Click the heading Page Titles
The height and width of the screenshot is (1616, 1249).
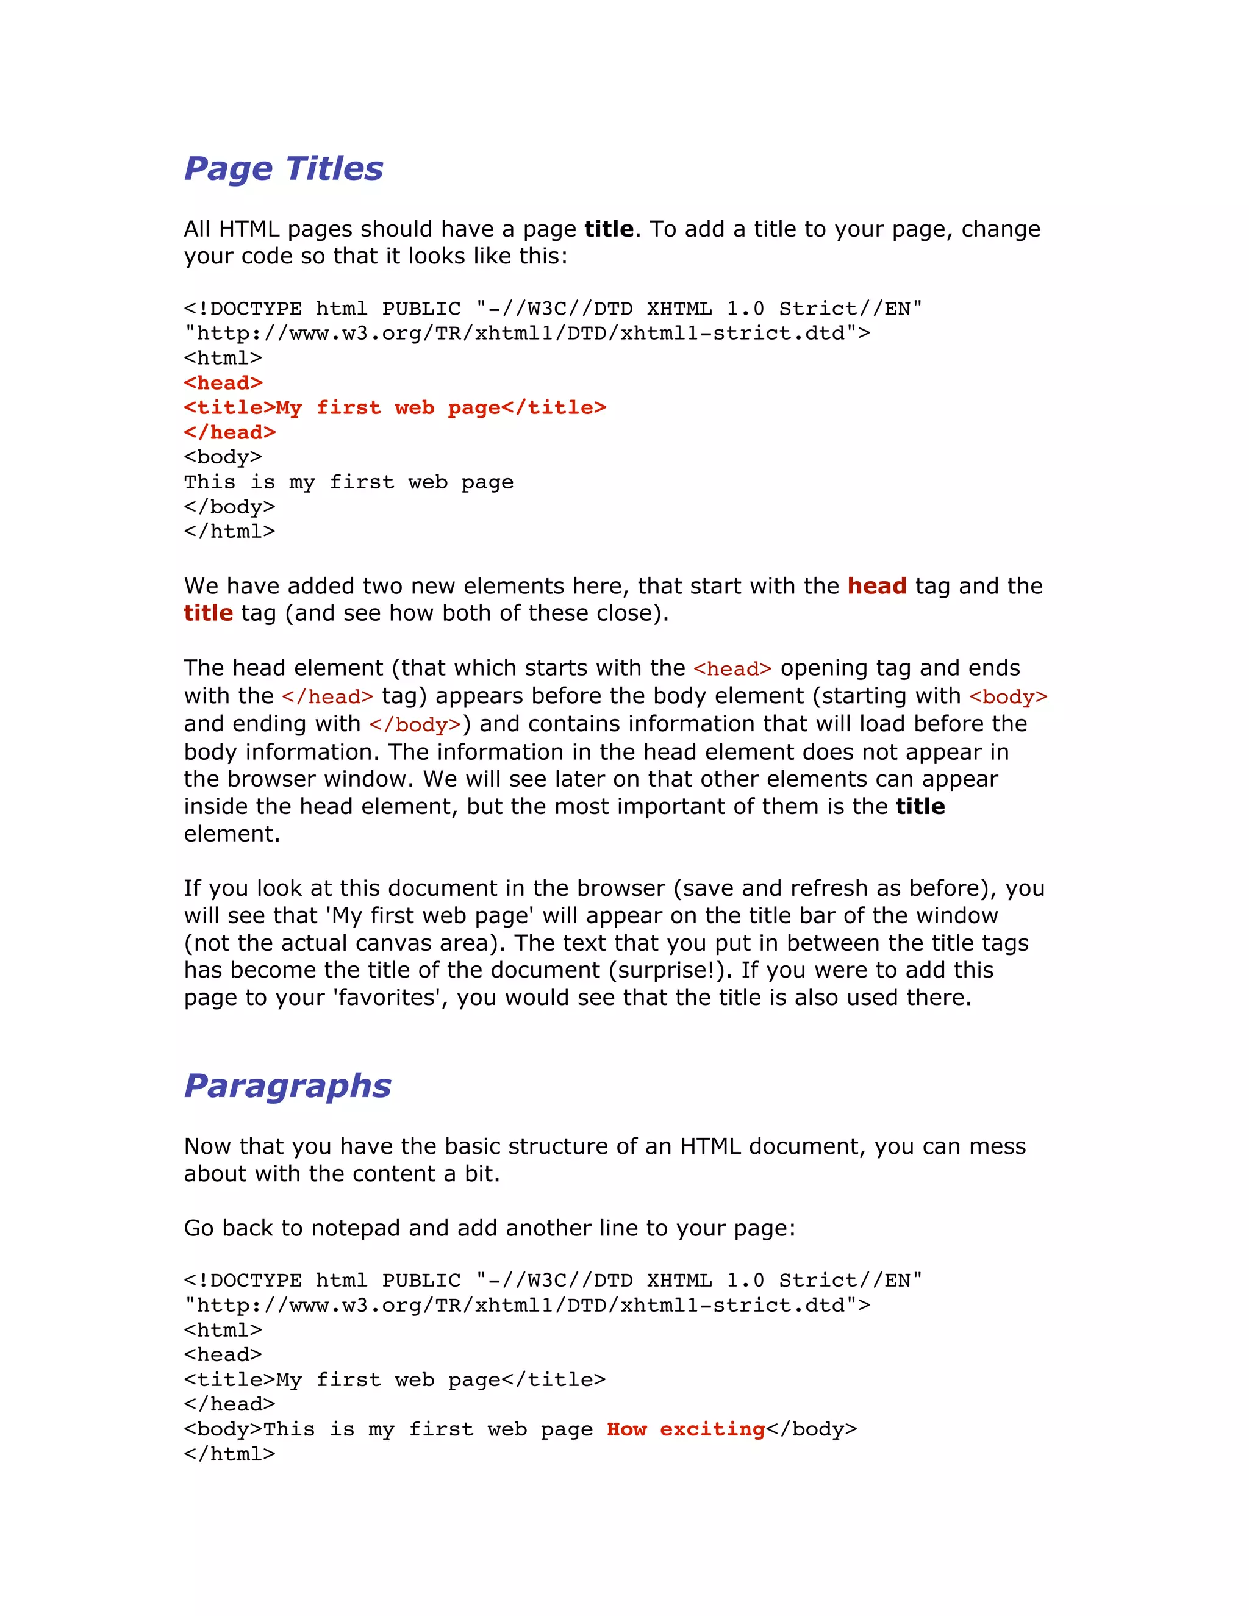click(284, 169)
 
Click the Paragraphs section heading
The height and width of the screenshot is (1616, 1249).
click(287, 1085)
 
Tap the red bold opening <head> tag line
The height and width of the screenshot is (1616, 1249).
click(223, 384)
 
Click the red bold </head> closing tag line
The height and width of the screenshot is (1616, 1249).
click(229, 433)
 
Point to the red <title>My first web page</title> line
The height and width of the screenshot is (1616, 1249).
click(395, 408)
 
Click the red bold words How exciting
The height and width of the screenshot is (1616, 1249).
click(685, 1429)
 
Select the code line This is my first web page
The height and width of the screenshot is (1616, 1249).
click(348, 482)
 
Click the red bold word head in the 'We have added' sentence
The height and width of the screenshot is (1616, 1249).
click(876, 586)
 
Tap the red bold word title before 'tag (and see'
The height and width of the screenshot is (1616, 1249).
click(209, 613)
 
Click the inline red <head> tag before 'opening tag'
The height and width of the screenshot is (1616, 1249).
click(732, 669)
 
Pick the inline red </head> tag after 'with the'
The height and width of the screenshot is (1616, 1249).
click(327, 697)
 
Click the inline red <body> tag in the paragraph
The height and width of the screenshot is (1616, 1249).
click(1007, 697)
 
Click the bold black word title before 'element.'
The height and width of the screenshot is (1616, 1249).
click(920, 807)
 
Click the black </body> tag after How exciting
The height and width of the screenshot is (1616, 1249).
click(811, 1429)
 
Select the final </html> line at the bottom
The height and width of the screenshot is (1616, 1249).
click(229, 1454)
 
